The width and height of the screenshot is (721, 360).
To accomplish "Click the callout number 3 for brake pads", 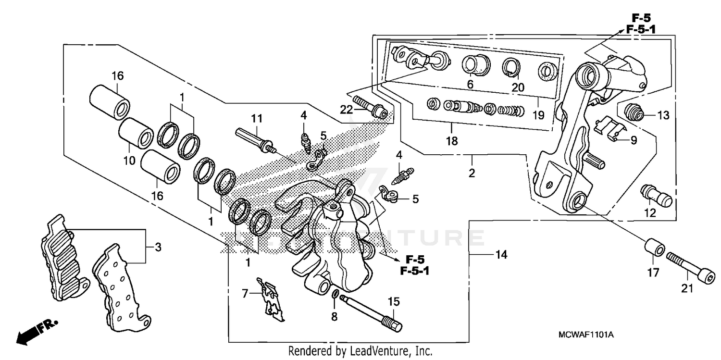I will [158, 248].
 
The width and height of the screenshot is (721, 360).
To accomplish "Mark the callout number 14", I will [501, 254].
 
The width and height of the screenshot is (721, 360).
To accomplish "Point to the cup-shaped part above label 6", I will [475, 65].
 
